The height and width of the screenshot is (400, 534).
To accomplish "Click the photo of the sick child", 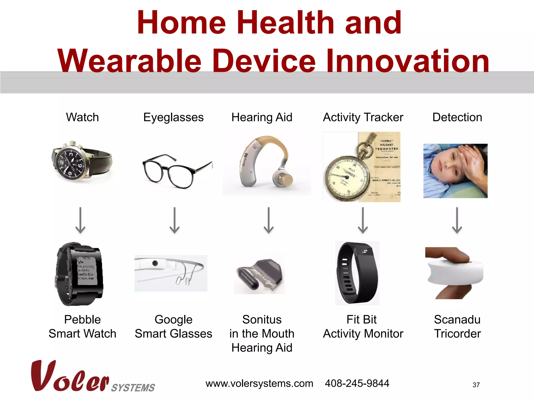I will tap(455, 171).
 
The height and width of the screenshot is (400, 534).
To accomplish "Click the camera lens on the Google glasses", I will tap(155, 263).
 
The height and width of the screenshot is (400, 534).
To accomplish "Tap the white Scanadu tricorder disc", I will tap(455, 273).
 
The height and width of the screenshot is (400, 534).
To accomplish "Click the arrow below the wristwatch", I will tap(80, 220).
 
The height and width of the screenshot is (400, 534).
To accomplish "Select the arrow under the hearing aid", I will tap(269, 220).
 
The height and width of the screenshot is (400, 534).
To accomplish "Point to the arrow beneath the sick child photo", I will tap(457, 220).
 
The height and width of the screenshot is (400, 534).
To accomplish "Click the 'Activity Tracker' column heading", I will tap(363, 117).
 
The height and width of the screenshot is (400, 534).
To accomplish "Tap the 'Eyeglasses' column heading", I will tap(173, 117).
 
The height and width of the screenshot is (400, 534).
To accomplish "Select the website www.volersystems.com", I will tap(259, 384).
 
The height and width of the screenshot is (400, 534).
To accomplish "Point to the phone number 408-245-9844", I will tap(357, 383).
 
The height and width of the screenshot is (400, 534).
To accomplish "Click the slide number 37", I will tap(476, 385).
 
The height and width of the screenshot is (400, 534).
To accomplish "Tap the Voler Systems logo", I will tap(93, 377).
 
